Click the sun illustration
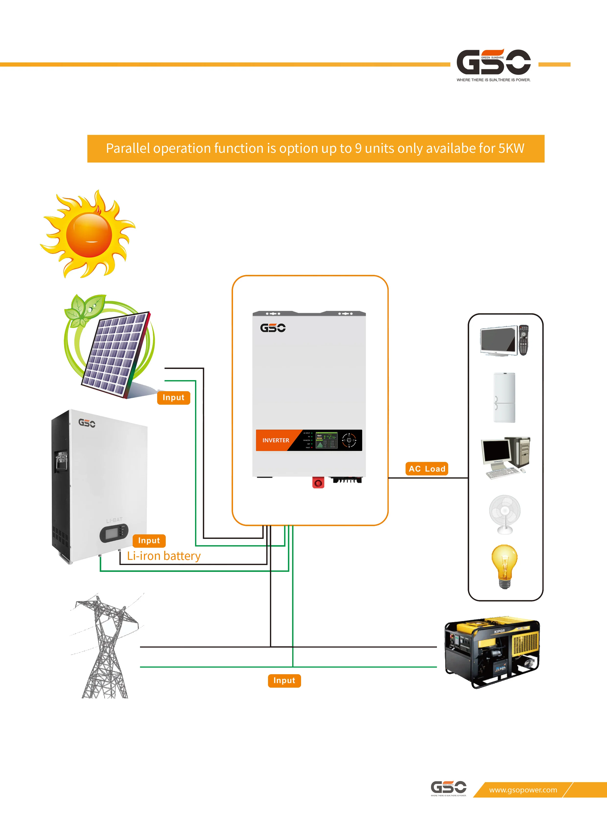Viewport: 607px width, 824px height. click(x=89, y=235)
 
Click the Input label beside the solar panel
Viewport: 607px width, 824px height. click(x=174, y=398)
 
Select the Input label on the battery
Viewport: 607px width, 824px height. click(x=149, y=541)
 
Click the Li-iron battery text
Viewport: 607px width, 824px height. click(x=164, y=556)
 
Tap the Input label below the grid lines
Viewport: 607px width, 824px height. click(x=284, y=681)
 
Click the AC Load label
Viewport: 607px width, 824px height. click(x=427, y=469)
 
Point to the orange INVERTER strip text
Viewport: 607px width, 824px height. click(x=276, y=440)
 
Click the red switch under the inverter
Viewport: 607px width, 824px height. click(x=318, y=483)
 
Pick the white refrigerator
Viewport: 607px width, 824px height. click(x=504, y=398)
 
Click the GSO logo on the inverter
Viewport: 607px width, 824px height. click(x=273, y=328)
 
